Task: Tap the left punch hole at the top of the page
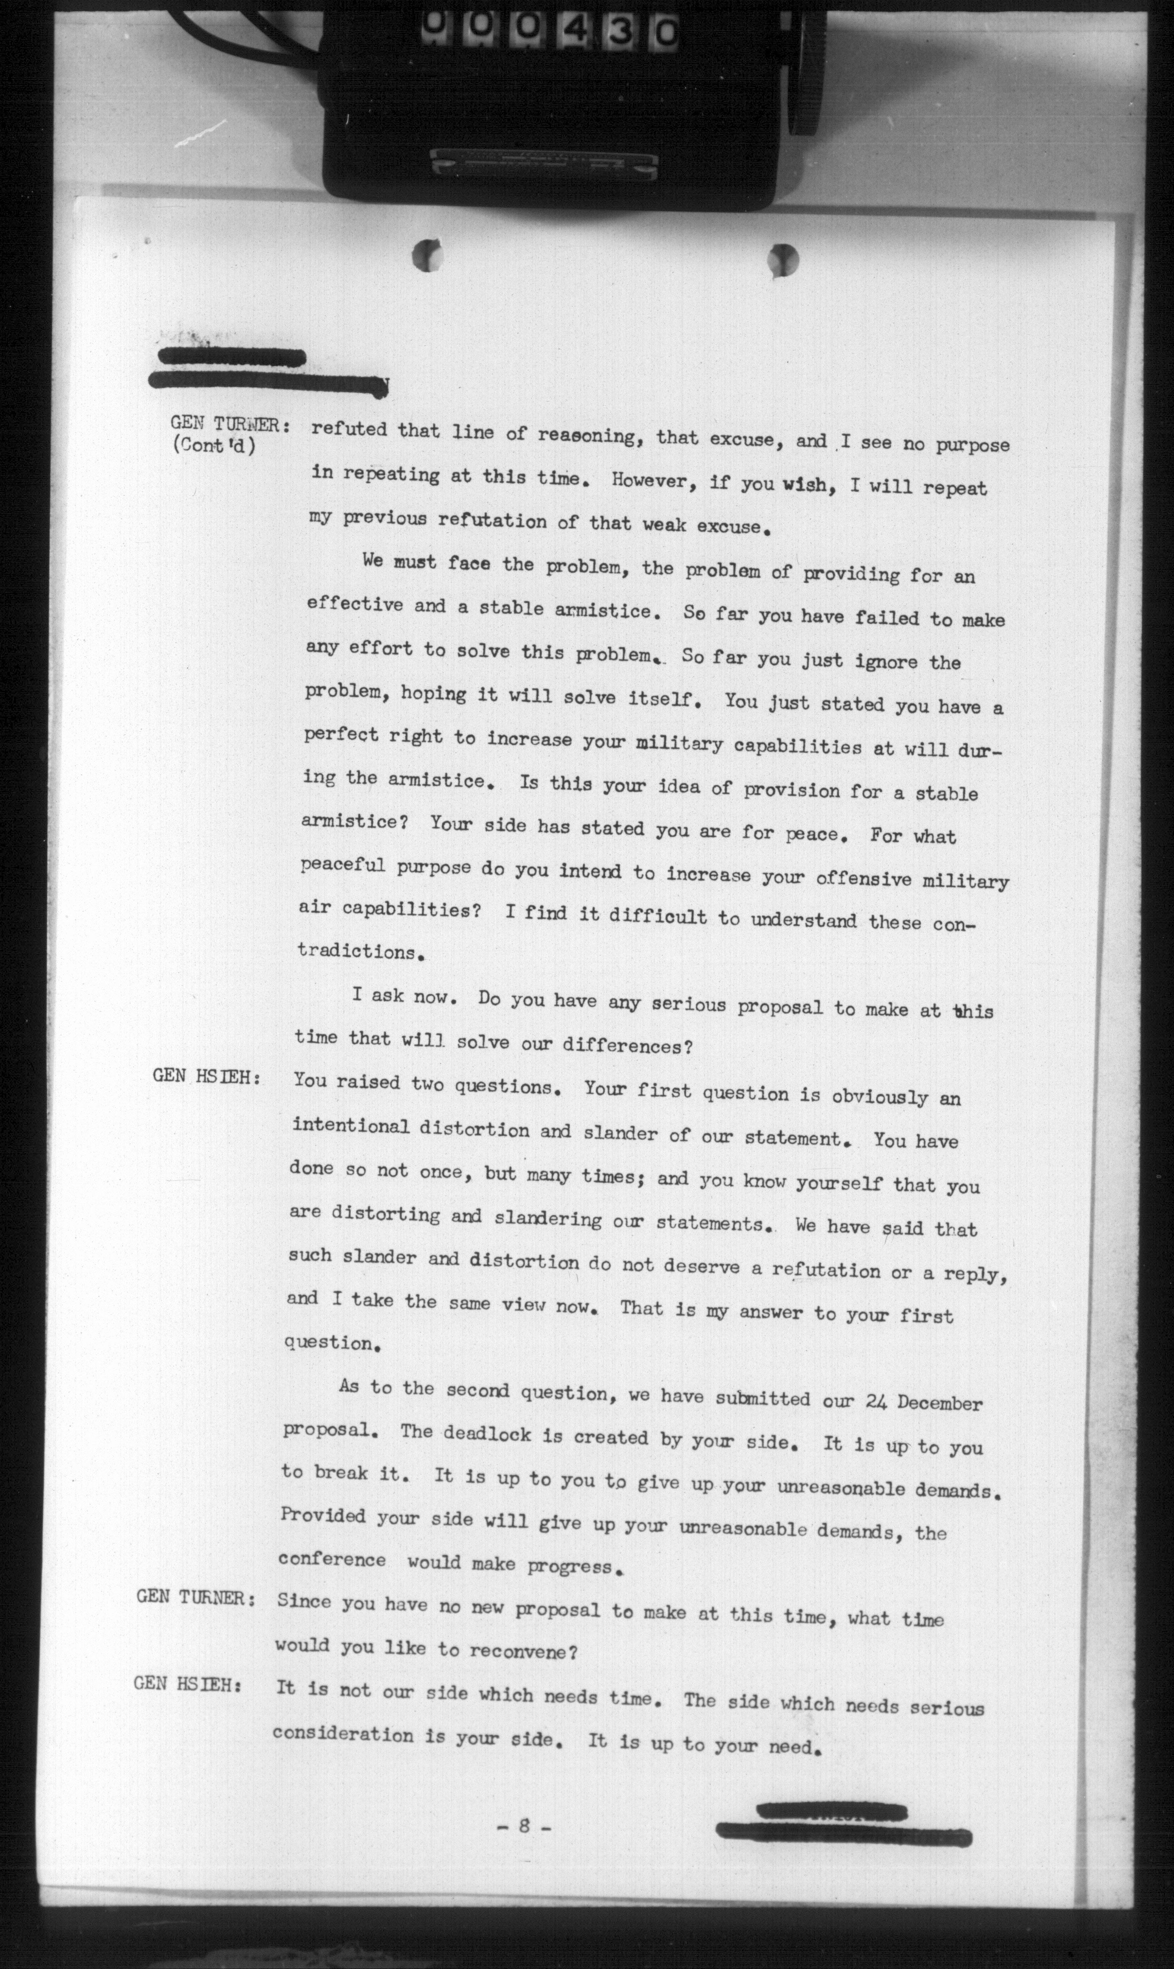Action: coord(427,255)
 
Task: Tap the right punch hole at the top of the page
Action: coord(783,259)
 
